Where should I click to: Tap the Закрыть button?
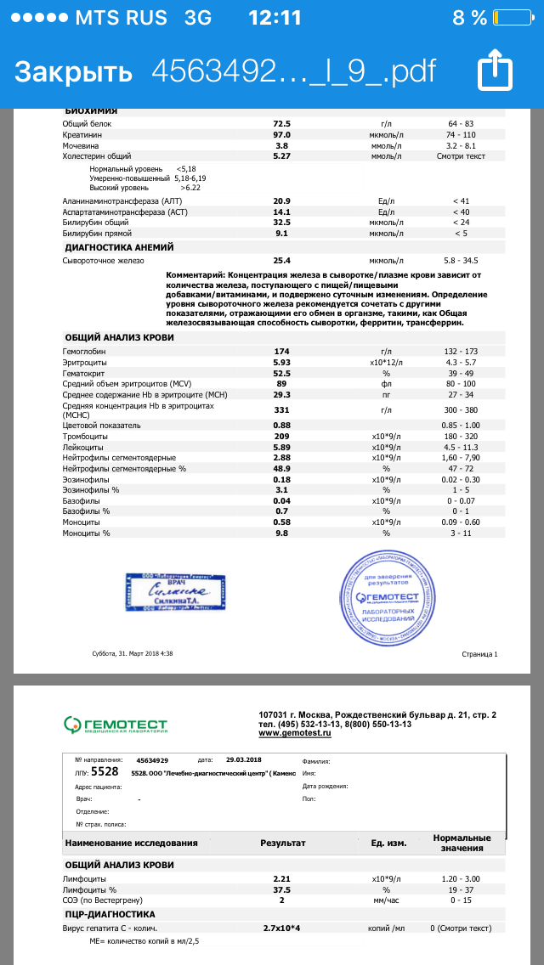(73, 71)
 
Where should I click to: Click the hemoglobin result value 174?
(282, 351)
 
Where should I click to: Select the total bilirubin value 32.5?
(282, 221)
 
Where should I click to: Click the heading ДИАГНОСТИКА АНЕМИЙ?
(119, 247)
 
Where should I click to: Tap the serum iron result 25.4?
(282, 261)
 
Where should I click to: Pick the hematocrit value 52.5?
(282, 373)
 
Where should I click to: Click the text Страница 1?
(479, 654)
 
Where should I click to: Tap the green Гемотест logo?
(116, 724)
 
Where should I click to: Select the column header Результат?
(282, 843)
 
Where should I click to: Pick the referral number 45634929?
(152, 760)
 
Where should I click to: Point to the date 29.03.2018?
(245, 760)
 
